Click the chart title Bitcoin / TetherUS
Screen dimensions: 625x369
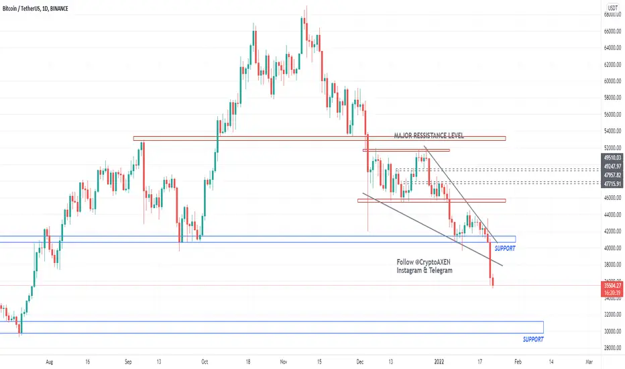tap(21, 8)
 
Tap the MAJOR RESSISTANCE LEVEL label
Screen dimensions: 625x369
tap(429, 136)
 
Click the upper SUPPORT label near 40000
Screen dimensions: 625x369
tap(504, 248)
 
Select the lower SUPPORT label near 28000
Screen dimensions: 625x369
tap(533, 339)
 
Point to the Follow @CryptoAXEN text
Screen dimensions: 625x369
tap(423, 262)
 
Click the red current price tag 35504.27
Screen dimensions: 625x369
tap(612, 286)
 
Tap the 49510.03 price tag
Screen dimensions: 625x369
tap(612, 158)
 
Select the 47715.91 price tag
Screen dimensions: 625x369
tap(612, 184)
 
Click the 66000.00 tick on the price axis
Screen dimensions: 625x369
tap(612, 31)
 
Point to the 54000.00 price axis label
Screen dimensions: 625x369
tap(612, 131)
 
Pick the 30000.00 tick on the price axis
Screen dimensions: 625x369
tap(612, 331)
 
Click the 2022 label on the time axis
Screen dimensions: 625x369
tap(439, 362)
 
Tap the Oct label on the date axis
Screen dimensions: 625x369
tap(205, 362)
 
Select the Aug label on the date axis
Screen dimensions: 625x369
tap(50, 362)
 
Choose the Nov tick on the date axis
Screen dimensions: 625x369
tap(284, 362)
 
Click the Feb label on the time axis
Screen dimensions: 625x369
tap(518, 362)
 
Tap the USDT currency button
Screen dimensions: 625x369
tap(613, 8)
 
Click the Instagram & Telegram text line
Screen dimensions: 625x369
tap(424, 270)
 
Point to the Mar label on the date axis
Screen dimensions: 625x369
tap(589, 362)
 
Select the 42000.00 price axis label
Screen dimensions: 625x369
tap(612, 231)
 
